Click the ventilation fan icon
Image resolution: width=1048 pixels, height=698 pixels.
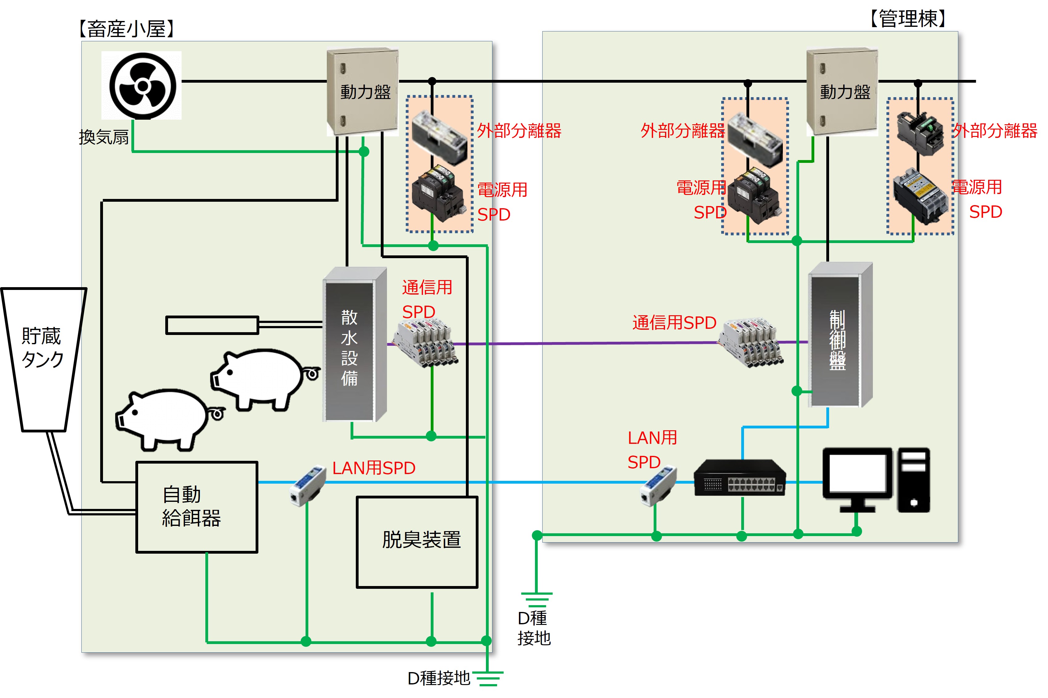coord(142,85)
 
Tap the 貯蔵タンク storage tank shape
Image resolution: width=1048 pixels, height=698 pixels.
coord(43,356)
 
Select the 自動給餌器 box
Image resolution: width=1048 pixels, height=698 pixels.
coord(197,507)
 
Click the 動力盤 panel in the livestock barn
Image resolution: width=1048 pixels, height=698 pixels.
coord(363,91)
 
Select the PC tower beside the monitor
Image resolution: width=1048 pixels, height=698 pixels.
coord(914,480)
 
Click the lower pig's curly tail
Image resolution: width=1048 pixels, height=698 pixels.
coord(217,414)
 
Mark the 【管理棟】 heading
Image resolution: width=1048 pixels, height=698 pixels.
coord(908,19)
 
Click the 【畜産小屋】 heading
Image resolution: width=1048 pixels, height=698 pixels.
coord(126,29)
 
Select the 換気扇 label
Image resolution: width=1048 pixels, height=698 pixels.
coord(104,137)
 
